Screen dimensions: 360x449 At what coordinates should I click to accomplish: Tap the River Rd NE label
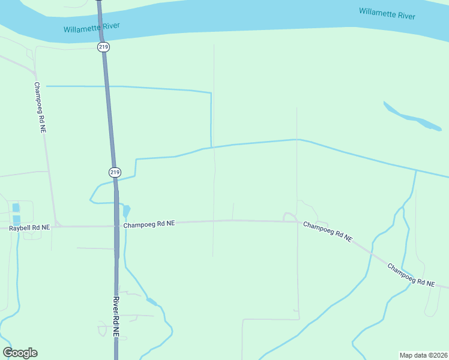point(116,316)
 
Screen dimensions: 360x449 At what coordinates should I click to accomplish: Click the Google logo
point(20,353)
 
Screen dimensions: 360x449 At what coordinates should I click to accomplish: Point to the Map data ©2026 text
point(423,355)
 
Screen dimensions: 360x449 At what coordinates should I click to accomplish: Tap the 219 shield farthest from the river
point(115,172)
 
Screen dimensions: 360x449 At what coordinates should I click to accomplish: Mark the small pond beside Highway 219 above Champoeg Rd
point(126,211)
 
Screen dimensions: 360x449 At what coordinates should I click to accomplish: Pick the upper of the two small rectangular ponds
point(16,208)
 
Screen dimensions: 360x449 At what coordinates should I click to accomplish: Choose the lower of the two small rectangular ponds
point(16,220)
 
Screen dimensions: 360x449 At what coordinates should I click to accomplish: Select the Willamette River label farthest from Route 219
point(387,14)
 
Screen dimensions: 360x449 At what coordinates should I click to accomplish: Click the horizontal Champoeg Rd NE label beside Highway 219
point(149,224)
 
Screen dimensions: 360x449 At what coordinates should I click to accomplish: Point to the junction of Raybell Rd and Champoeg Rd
point(56,226)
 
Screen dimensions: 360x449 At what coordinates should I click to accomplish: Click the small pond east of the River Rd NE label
point(151,302)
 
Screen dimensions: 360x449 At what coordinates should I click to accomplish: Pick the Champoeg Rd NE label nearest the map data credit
point(411,274)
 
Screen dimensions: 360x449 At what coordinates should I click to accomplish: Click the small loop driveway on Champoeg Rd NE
point(289,216)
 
